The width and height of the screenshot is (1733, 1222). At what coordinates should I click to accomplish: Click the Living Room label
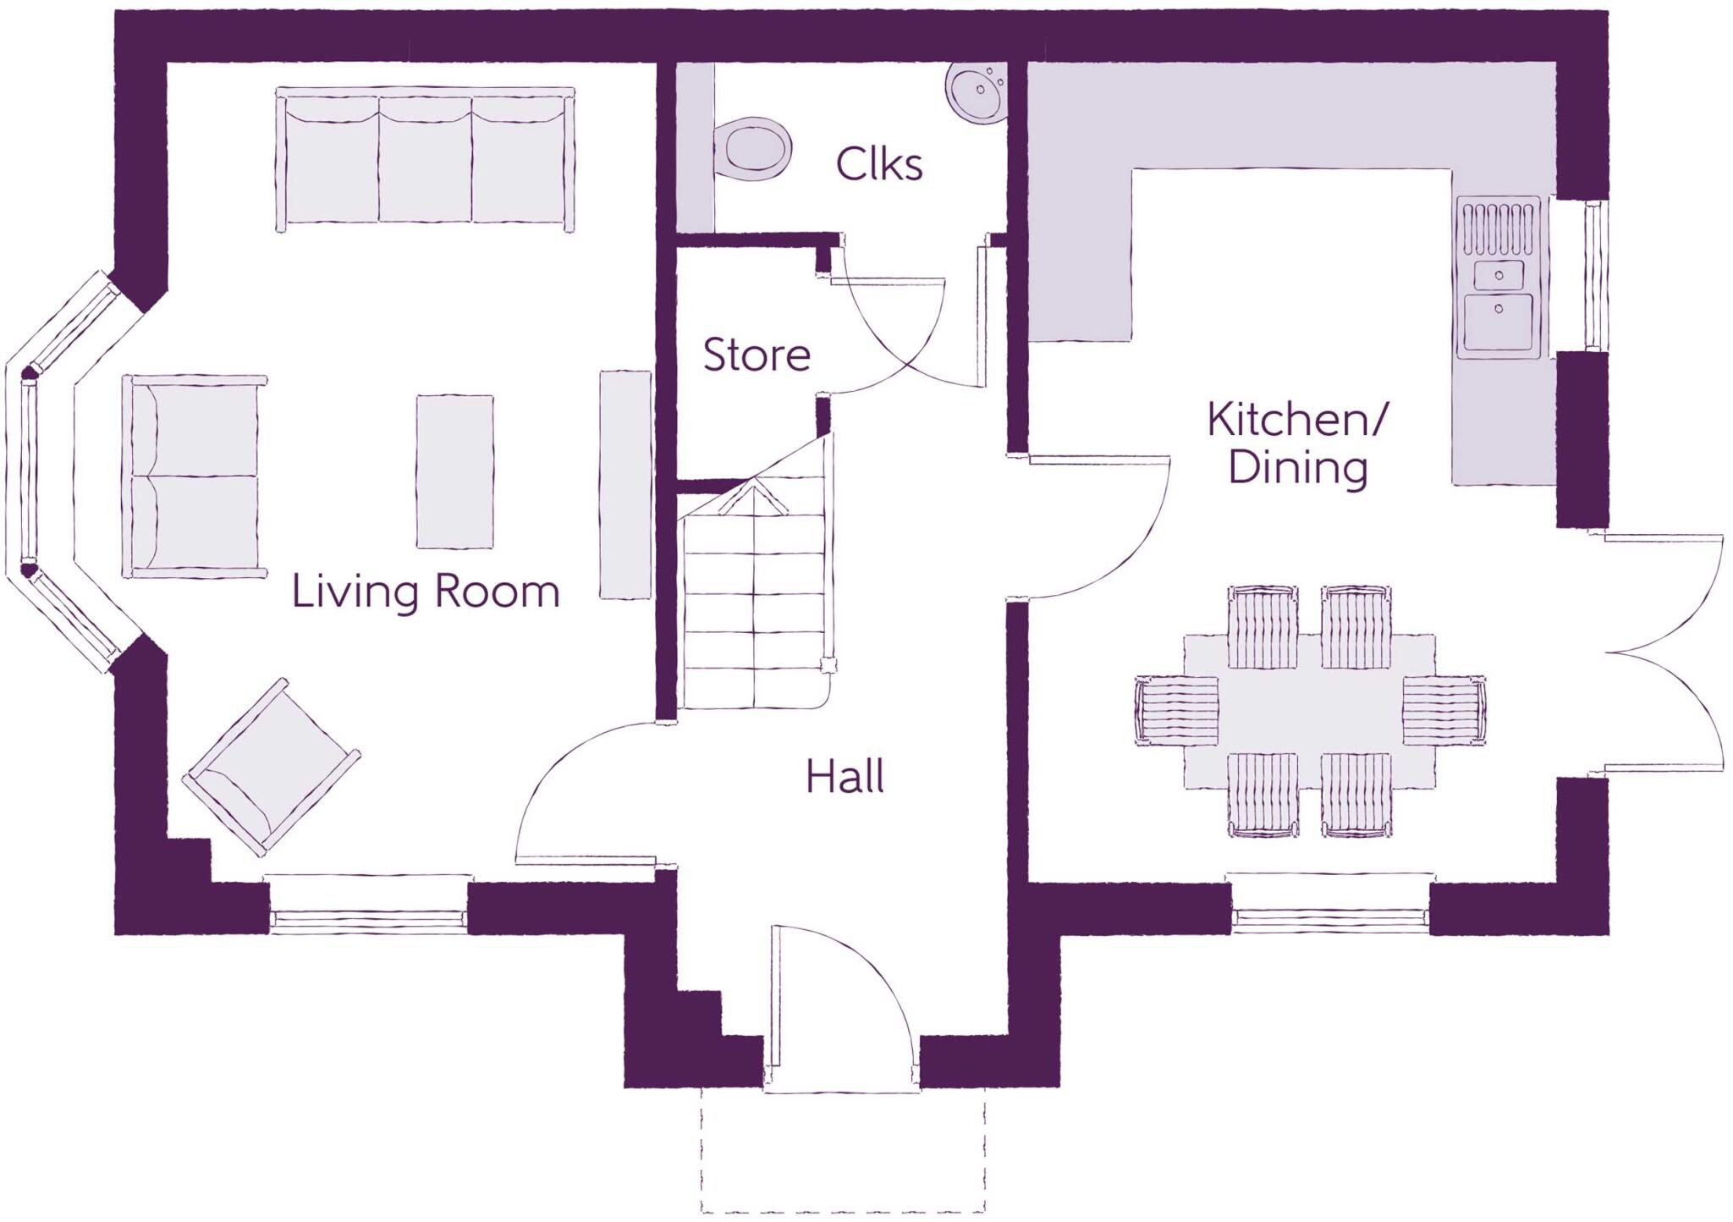coord(426,592)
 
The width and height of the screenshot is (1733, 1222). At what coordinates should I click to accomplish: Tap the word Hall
coord(844,777)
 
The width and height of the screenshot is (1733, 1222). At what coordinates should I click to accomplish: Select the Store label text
coord(756,355)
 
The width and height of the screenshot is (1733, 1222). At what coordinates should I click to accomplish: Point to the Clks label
coord(879,164)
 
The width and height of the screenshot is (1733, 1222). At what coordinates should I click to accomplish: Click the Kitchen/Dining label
coord(1297,443)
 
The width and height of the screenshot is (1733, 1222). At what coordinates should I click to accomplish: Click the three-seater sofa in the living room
coord(426,159)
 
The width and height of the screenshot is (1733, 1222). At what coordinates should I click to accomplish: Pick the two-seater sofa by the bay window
coord(195,476)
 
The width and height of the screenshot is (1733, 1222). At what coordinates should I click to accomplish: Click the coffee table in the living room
coord(455,471)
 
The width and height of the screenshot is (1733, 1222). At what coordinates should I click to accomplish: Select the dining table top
coord(1309,711)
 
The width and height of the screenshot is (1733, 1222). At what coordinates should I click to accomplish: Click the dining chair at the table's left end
coord(1177,711)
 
